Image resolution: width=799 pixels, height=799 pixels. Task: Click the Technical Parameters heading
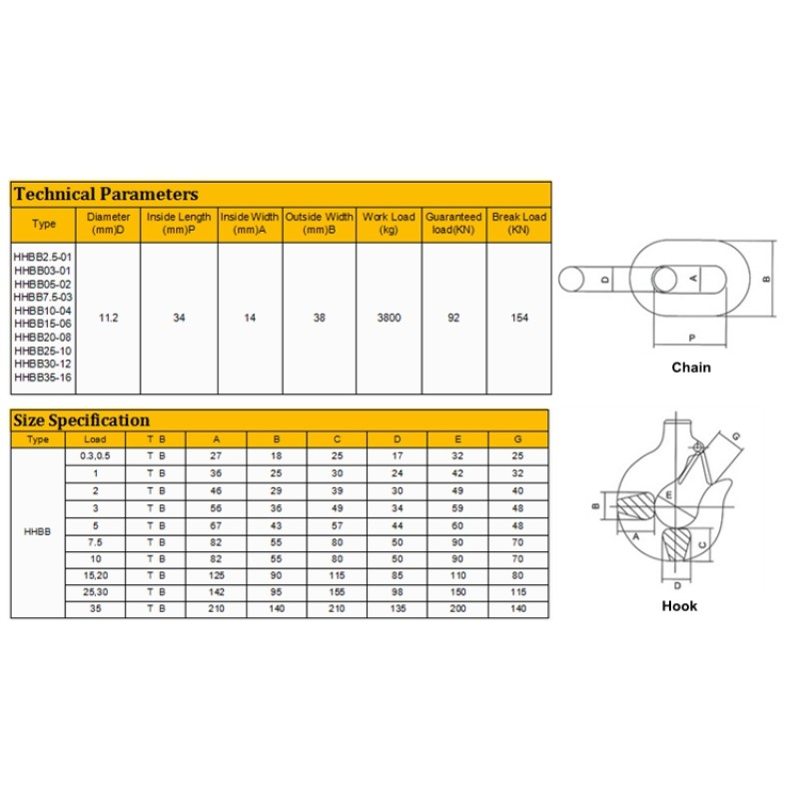(x=106, y=194)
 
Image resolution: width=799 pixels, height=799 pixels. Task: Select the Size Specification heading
(x=81, y=419)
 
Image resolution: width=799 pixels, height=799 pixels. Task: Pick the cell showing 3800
(x=389, y=318)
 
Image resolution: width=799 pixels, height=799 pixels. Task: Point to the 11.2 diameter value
(x=109, y=318)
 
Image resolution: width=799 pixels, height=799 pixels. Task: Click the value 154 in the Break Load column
(x=519, y=318)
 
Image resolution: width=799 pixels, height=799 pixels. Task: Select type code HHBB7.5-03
(x=43, y=297)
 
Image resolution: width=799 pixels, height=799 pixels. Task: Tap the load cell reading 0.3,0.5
(x=95, y=454)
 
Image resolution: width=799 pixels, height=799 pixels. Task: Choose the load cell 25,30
(x=95, y=592)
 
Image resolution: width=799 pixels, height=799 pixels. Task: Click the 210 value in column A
(x=216, y=608)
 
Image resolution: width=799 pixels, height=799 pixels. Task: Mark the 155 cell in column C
(x=337, y=592)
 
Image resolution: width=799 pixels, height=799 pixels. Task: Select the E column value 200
(x=458, y=608)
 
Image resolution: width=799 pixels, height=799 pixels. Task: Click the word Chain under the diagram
(x=691, y=368)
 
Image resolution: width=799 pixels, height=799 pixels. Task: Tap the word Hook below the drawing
(x=679, y=606)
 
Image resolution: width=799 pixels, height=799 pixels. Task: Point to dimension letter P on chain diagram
(x=691, y=338)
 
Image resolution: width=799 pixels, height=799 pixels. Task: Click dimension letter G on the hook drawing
(x=737, y=436)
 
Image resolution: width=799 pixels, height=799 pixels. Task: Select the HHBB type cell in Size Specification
(x=38, y=531)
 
